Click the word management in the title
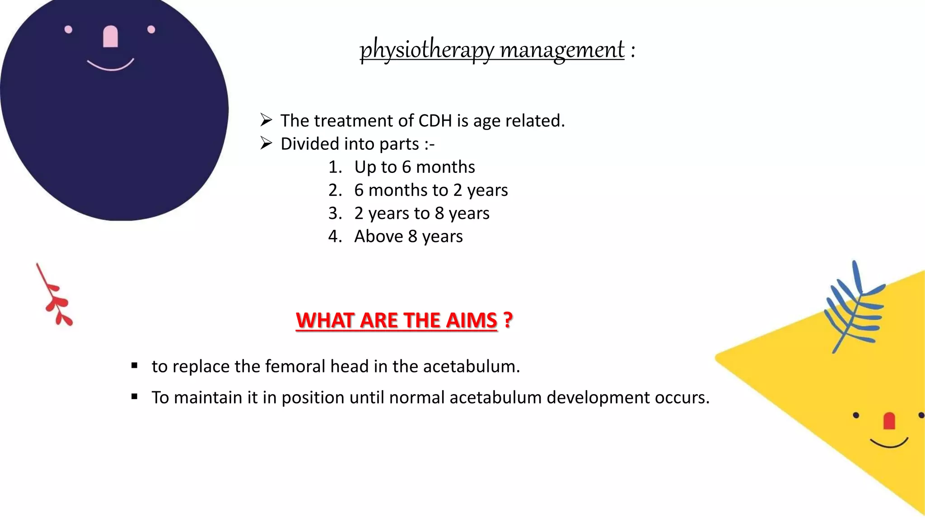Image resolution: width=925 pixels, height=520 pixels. (x=562, y=49)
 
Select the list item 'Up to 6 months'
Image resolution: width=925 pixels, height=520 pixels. (x=414, y=167)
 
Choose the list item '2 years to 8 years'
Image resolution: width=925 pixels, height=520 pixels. (x=421, y=213)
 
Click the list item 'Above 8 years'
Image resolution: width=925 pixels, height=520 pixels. (x=408, y=237)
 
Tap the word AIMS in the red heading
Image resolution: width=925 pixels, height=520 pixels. (x=472, y=320)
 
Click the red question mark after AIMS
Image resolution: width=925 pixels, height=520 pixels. (x=508, y=320)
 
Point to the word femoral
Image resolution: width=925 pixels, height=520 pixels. (x=295, y=366)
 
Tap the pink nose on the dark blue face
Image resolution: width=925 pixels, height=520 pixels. (x=111, y=37)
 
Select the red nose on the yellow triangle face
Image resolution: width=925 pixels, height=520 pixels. (x=889, y=421)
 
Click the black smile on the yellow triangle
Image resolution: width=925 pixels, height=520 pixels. (x=888, y=443)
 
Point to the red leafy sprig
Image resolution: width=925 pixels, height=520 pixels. (x=55, y=297)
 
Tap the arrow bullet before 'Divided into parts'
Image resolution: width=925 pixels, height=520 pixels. (x=266, y=144)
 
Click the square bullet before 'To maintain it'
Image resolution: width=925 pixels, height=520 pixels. (x=134, y=397)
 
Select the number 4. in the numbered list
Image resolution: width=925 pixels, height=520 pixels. (x=335, y=237)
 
